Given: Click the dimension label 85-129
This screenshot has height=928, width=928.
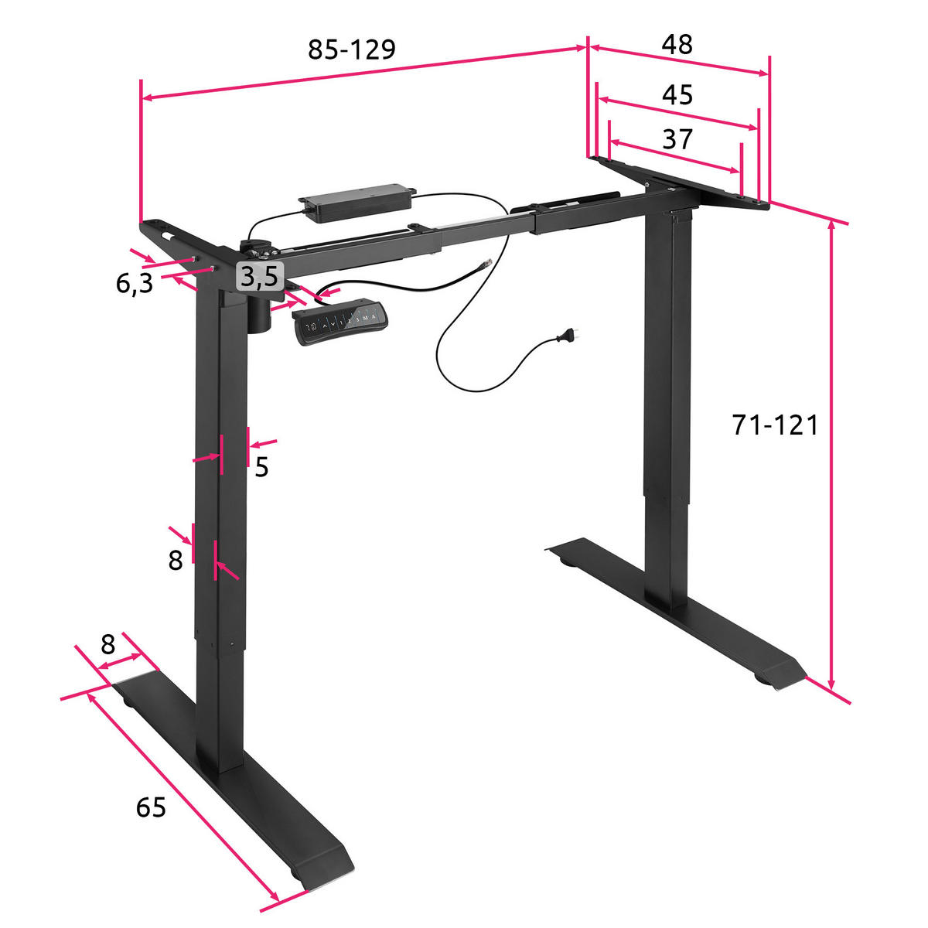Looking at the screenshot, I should pos(352,49).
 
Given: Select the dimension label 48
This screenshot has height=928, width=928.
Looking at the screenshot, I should pos(677,44).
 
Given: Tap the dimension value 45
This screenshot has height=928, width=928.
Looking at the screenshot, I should pos(677,95).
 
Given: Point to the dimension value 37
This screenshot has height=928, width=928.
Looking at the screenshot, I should pos(677,139).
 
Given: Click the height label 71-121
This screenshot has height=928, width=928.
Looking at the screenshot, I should pos(775,425).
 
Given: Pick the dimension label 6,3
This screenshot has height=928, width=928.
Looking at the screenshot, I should pos(134,284).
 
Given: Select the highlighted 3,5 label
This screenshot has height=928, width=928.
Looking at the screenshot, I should pos(259,276).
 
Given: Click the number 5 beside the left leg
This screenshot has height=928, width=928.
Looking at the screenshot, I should pos(261,467).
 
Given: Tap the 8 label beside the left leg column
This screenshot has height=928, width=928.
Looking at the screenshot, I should pos(176,560).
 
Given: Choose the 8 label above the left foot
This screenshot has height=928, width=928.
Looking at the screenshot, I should pos(108,643).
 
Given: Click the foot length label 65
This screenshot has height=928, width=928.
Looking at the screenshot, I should pos(151,808).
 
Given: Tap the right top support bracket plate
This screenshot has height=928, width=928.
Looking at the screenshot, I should pos(681,183).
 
